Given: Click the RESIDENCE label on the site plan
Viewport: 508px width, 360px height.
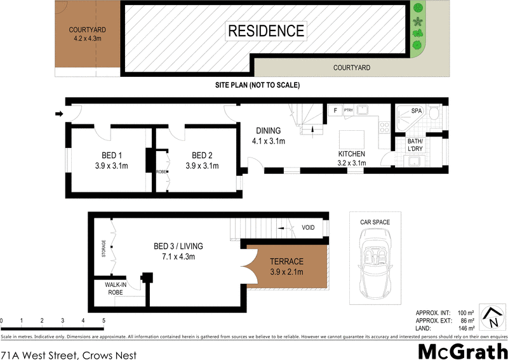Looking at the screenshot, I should coord(266,30).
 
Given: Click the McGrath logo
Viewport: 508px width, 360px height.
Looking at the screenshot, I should coord(462,350).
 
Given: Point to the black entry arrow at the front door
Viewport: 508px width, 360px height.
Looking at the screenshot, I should coord(59,114).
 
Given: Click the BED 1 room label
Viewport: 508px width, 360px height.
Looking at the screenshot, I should coord(111,156).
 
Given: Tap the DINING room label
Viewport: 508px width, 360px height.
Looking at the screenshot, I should coord(269,131).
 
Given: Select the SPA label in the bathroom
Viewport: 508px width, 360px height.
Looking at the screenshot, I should coord(417,111).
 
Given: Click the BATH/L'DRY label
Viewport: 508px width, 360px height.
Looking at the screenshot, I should coord(415,145).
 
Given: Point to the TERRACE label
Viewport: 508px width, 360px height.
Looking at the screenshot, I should coord(287,262).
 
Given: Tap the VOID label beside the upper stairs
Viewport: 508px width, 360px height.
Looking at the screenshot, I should coord(309,227).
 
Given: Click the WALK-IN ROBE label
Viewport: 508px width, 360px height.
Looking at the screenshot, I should coord(116,289).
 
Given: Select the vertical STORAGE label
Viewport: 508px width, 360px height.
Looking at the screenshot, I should coord(104,248).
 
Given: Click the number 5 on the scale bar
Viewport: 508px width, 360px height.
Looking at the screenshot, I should coord(103,321).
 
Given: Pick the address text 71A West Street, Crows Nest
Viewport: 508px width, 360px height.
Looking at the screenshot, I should coord(69,351).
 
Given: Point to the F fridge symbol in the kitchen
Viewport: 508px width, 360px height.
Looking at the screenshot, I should coord(334,110).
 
